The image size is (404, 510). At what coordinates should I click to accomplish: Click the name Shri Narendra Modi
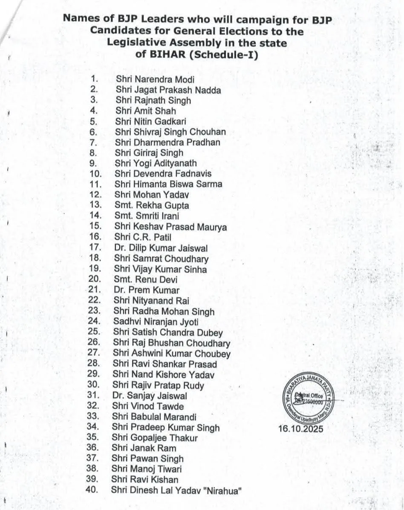(x=155, y=80)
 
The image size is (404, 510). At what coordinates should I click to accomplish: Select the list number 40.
(x=92, y=490)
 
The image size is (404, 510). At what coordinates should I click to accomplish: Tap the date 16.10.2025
(x=300, y=428)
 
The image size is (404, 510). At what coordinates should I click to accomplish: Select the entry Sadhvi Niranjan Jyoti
(x=156, y=322)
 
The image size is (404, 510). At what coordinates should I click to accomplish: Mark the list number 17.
(x=95, y=247)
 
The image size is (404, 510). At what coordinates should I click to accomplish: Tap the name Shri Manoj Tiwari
(x=147, y=469)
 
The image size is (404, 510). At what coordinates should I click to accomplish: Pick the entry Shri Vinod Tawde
(x=148, y=406)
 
